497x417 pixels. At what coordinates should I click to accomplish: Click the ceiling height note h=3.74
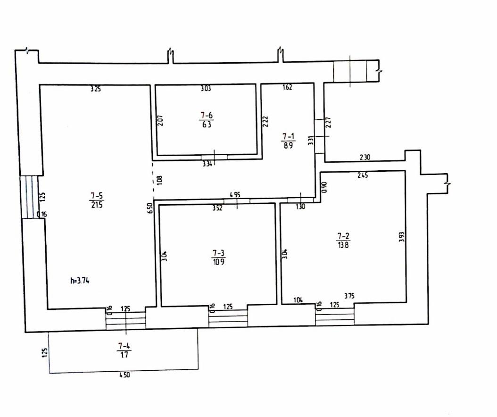click(x=79, y=280)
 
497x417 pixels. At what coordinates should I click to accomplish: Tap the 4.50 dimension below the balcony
click(x=124, y=375)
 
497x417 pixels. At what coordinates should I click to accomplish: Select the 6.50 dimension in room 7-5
click(x=149, y=208)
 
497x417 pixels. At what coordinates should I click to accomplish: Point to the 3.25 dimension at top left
click(x=96, y=88)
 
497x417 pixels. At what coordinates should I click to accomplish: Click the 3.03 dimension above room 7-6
click(x=206, y=88)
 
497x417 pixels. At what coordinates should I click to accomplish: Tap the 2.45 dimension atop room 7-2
click(x=363, y=175)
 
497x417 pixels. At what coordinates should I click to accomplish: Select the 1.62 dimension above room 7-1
click(x=287, y=87)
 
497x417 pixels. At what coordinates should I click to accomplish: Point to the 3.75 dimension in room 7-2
click(x=349, y=296)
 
